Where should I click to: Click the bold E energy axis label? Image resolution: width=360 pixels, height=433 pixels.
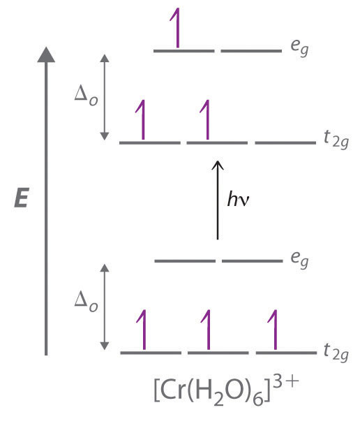tap(21, 198)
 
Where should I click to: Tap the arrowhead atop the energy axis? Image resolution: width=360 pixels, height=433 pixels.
tap(46, 54)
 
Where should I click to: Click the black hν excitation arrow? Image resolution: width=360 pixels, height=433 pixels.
tap(218, 200)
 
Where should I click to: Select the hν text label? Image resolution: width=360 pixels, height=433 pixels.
tap(239, 199)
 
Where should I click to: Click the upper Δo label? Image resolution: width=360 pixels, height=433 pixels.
tap(86, 96)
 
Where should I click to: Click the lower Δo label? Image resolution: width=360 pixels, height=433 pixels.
tap(86, 302)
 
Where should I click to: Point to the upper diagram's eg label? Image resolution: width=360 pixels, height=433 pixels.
tap(299, 47)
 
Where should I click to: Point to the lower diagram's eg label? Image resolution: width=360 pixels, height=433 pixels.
tap(299, 259)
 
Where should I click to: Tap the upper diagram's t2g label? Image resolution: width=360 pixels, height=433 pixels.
tap(336, 140)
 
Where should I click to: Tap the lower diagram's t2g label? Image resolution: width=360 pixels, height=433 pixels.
tap(336, 352)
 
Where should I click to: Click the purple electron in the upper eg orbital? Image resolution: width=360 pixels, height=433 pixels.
tap(177, 28)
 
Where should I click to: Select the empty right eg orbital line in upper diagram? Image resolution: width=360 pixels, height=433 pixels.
tap(251, 51)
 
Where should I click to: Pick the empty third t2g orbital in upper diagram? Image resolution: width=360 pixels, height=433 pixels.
tap(285, 142)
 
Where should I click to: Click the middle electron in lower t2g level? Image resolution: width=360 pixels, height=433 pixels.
tap(207, 330)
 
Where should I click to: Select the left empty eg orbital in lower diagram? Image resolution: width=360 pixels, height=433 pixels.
tap(185, 261)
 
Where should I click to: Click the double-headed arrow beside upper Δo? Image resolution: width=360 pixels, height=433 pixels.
tap(104, 97)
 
